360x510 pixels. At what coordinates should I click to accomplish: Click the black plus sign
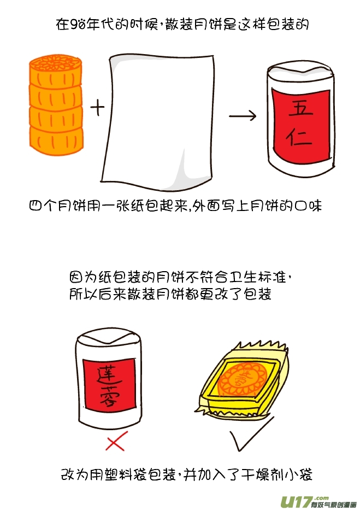click(x=97, y=108)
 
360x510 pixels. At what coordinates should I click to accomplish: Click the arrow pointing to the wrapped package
click(x=243, y=115)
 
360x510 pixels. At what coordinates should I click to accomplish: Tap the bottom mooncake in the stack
click(x=56, y=140)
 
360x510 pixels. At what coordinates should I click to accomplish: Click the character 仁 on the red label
click(x=299, y=138)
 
